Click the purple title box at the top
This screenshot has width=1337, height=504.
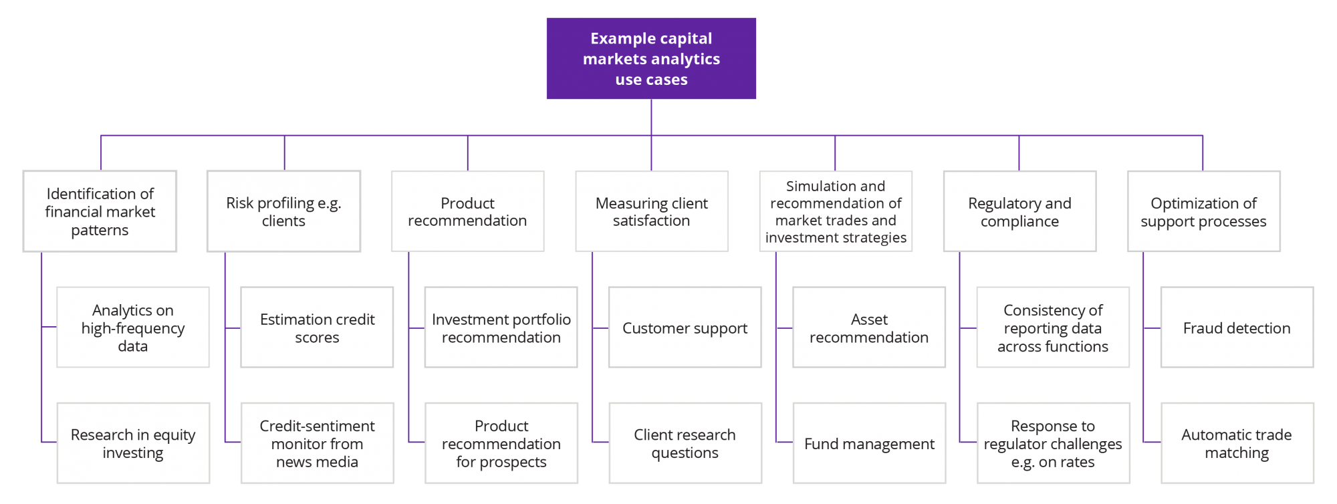pos(651,59)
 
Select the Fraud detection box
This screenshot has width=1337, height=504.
pos(1237,328)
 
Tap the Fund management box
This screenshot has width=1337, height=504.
pos(869,443)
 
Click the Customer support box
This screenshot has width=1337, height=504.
pos(685,328)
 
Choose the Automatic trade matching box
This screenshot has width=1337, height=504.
pos(1237,443)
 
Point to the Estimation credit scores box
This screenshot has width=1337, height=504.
pos(317,328)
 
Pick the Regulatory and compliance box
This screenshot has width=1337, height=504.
pos(1019,211)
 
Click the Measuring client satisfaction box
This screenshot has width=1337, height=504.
pos(651,211)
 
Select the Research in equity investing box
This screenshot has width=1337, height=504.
pos(133,443)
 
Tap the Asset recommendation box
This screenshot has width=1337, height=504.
pos(869,328)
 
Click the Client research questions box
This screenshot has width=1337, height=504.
pos(685,443)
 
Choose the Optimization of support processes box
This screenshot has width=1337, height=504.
pos(1203,211)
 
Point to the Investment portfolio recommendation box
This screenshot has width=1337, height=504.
pos(501,328)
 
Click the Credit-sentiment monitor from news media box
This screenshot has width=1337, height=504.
pos(317,443)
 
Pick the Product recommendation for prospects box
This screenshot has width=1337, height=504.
pos(501,443)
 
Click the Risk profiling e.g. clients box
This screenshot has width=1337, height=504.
pos(283,211)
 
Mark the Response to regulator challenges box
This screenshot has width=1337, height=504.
pos(1053,443)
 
